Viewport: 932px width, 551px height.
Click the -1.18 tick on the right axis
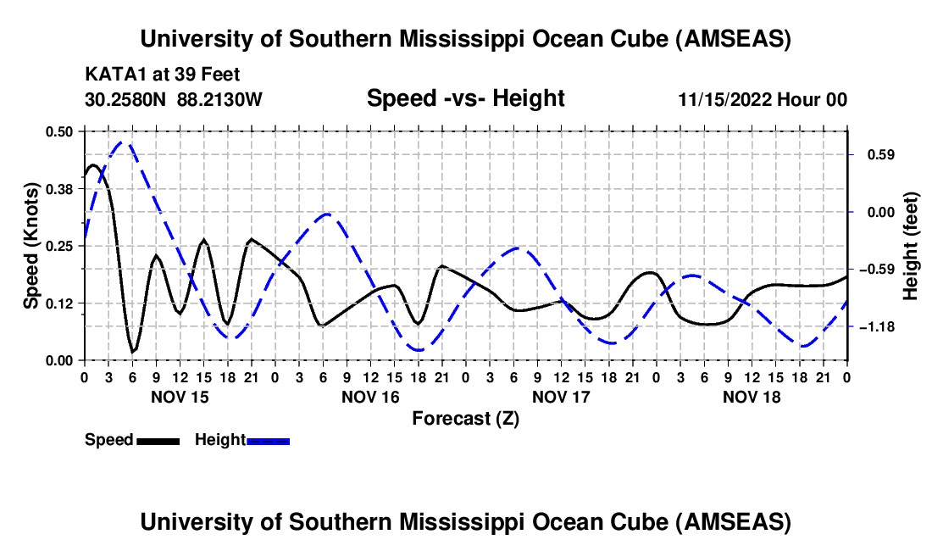click(x=875, y=327)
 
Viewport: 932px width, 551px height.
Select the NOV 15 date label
click(x=180, y=397)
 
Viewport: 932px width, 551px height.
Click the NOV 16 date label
click(x=371, y=397)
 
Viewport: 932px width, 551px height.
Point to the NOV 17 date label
click(x=561, y=397)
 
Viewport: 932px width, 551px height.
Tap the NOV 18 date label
click(x=752, y=397)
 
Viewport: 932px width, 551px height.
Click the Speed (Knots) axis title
click(x=31, y=246)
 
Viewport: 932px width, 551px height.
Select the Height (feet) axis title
click(x=911, y=246)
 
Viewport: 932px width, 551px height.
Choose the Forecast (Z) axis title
click(x=465, y=418)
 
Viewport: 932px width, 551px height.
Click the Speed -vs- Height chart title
click(x=465, y=99)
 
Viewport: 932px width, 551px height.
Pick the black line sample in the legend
click(x=157, y=441)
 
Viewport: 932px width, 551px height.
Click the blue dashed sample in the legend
click(x=268, y=441)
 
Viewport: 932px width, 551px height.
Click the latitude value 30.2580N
click(x=126, y=99)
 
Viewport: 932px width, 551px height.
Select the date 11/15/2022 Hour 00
click(x=763, y=99)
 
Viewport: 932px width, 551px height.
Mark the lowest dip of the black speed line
click(x=132, y=351)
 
